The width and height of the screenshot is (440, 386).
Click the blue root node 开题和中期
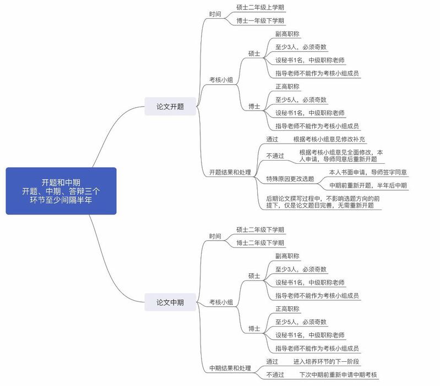(x=61, y=190)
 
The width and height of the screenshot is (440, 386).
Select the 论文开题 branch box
(x=170, y=106)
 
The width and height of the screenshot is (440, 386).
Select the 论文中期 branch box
(x=170, y=302)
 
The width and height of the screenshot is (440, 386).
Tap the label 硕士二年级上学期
(x=260, y=7)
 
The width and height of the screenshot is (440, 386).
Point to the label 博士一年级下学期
(x=260, y=21)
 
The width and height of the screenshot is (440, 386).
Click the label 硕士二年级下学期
(x=260, y=229)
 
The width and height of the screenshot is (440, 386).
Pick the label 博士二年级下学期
(x=260, y=243)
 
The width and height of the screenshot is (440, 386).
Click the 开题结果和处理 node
(x=230, y=172)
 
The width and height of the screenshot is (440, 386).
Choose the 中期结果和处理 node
(x=230, y=368)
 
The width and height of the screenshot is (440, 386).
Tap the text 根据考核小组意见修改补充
(x=329, y=140)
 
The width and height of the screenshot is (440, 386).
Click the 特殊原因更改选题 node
(x=290, y=179)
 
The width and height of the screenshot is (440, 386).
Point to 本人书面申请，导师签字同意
(x=368, y=172)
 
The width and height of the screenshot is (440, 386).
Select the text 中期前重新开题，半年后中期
(x=368, y=186)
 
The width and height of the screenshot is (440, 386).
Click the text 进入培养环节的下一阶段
(x=327, y=361)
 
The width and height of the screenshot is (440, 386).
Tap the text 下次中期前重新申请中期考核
(x=338, y=375)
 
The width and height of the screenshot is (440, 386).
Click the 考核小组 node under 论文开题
(x=221, y=80)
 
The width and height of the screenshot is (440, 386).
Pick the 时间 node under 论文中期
(x=215, y=236)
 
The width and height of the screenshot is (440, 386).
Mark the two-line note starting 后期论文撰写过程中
(x=320, y=201)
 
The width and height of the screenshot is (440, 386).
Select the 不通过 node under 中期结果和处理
(x=275, y=375)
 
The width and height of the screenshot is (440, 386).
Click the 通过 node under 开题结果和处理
(x=273, y=140)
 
